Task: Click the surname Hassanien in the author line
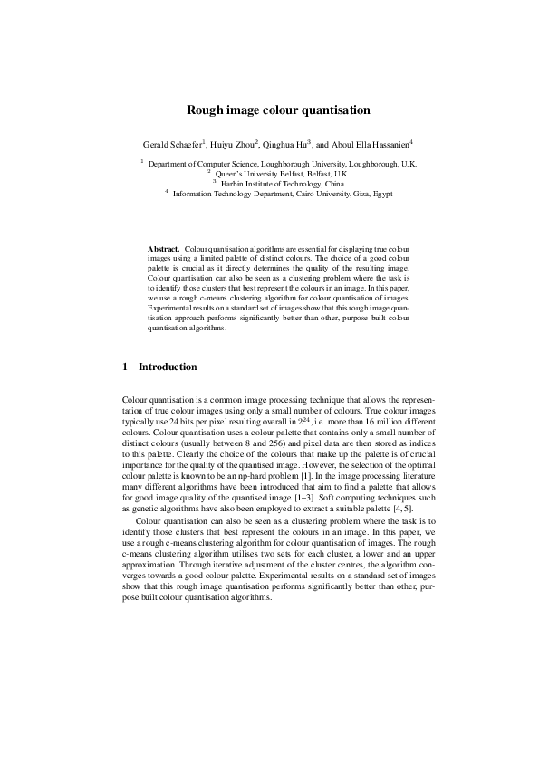click(x=388, y=144)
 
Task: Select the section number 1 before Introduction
click(x=124, y=367)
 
